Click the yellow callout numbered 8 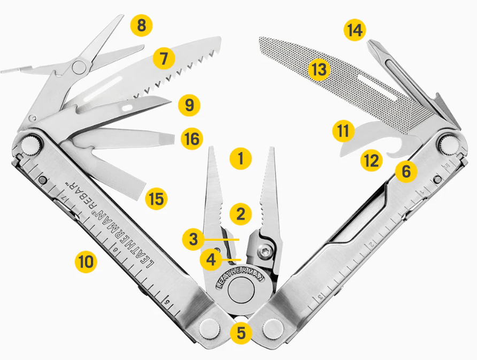coord(142,26)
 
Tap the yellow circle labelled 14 coord(355,30)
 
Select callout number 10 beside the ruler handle coord(86,262)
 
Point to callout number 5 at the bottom coord(241,333)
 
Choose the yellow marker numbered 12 coord(372,160)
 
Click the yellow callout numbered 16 coord(192,139)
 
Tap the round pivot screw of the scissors coord(79,67)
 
